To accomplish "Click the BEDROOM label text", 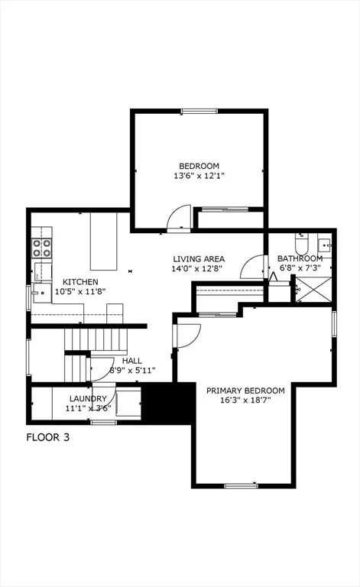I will [199, 166].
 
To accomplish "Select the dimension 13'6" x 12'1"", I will [199, 176].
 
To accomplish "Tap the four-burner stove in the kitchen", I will [41, 247].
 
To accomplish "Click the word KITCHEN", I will [80, 282].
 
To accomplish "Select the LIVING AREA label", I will [198, 259].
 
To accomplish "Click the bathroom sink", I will [324, 245].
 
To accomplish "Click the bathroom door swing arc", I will [250, 268].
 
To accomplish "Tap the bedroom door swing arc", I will [180, 217].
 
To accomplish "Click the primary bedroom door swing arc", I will [188, 334].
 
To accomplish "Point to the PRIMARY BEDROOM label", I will [245, 390].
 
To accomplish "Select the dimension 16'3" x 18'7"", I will [245, 400].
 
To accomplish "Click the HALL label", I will [132, 361].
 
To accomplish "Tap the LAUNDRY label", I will [88, 398].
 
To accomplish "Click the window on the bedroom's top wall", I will [199, 112].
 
